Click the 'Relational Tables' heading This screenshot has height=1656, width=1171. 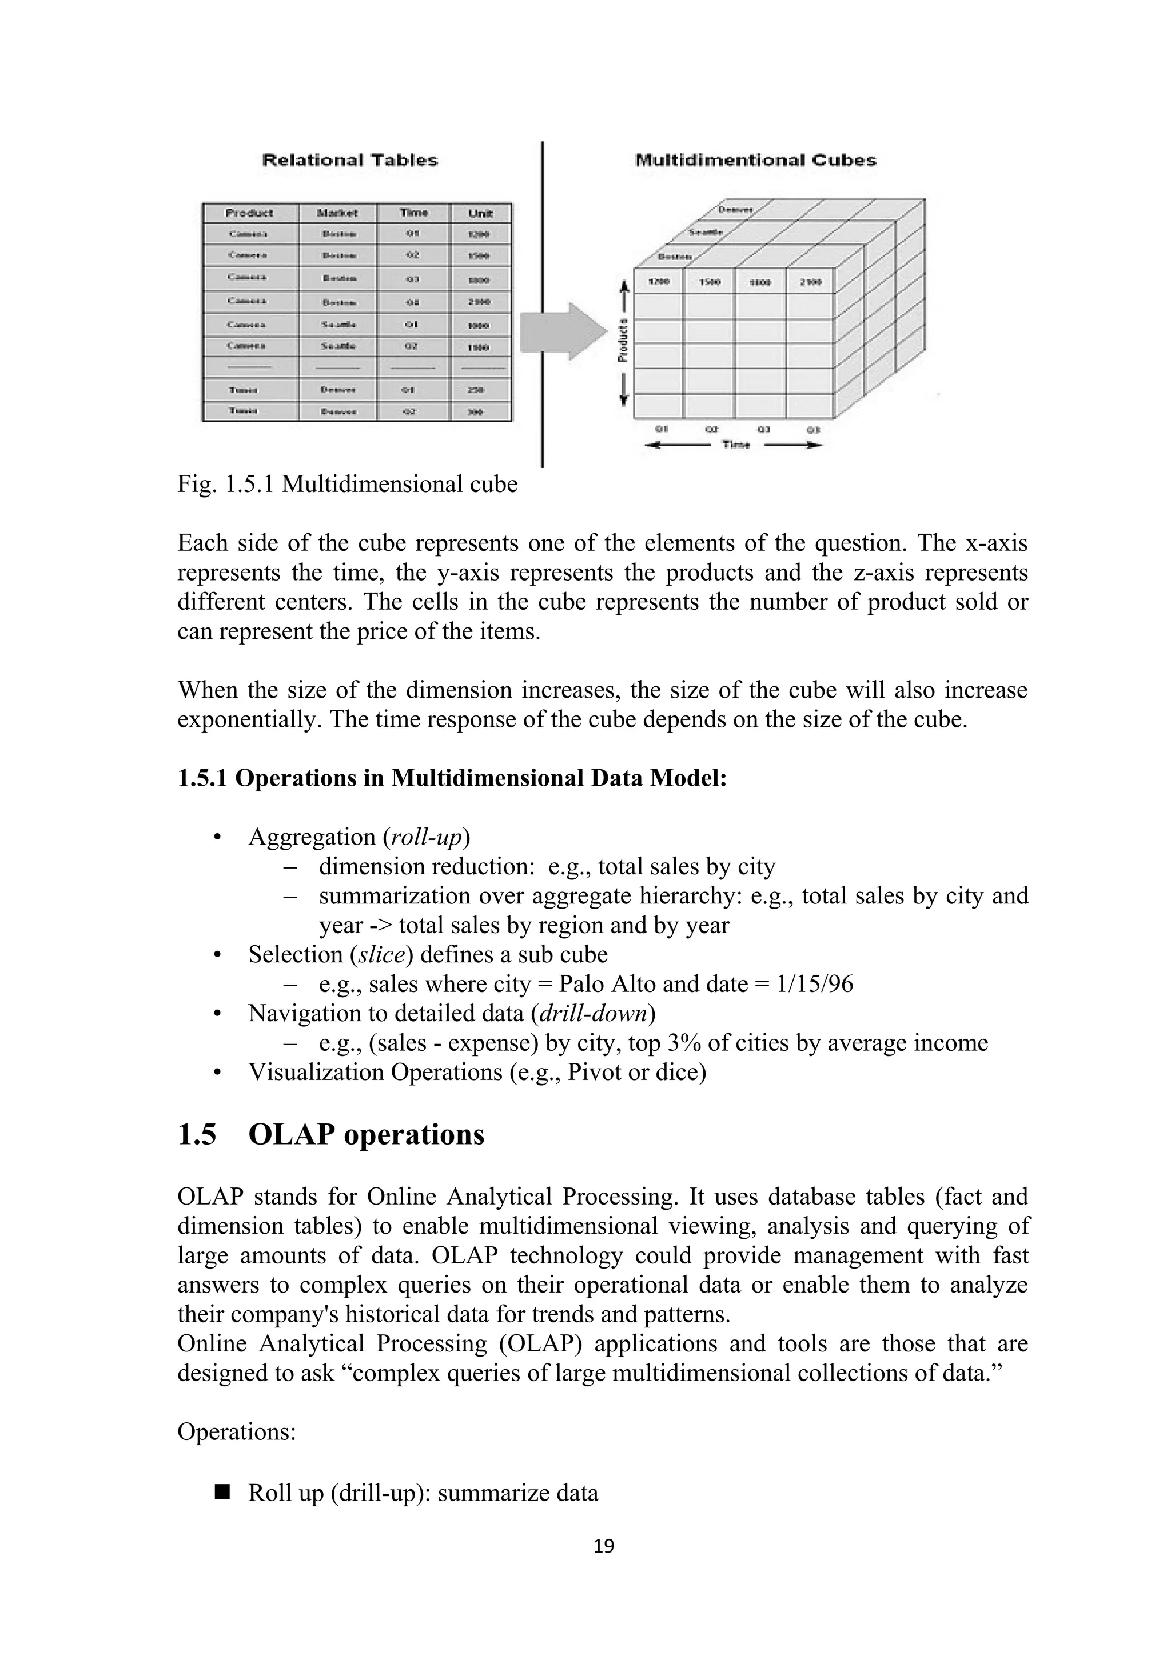(350, 160)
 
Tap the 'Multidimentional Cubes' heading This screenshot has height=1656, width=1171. (755, 160)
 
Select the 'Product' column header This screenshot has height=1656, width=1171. (250, 213)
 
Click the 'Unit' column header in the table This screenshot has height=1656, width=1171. (480, 213)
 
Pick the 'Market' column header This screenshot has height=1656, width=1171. (337, 213)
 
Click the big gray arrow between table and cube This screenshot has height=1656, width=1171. (563, 332)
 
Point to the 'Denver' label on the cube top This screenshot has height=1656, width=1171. (735, 210)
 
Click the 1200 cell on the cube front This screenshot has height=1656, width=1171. (659, 281)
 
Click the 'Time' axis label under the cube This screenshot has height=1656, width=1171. (735, 445)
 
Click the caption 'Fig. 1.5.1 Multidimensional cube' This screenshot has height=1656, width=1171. (347, 484)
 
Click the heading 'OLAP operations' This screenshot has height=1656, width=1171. (366, 1134)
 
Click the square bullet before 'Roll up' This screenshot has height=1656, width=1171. (221, 1491)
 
